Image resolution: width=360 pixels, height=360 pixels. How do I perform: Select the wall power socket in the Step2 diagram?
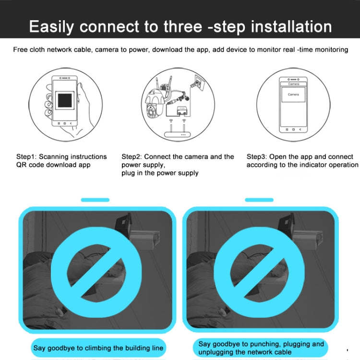[x=198, y=83]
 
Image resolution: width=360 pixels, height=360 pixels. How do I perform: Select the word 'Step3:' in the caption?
[x=257, y=157]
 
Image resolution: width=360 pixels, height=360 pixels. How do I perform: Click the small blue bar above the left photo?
[x=95, y=200]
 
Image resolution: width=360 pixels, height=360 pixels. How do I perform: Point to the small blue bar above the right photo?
[x=259, y=200]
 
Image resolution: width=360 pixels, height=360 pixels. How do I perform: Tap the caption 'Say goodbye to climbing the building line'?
[x=98, y=348]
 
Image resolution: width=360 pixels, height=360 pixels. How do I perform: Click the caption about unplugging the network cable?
[x=261, y=348]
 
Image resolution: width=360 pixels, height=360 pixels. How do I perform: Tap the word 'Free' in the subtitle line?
[x=21, y=50]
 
